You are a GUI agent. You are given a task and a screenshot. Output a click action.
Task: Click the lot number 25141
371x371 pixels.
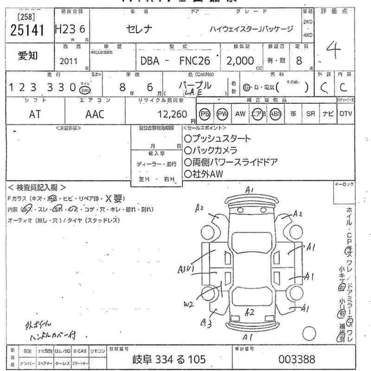point(27,31)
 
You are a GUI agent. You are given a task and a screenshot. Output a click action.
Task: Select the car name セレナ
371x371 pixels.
point(139,29)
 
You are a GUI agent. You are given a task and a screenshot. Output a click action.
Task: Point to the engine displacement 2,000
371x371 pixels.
point(240,61)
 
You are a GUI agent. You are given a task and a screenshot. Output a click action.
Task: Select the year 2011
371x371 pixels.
point(68,61)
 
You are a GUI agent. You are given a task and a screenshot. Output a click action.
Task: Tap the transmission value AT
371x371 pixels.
point(35,114)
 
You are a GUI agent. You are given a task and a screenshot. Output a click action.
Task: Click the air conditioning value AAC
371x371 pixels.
point(95,114)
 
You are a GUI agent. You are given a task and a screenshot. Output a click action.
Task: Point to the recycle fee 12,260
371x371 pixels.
point(172,114)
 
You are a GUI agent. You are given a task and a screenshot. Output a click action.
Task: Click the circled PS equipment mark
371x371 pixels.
point(205,114)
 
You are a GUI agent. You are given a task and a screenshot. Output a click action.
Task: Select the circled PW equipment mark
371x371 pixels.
point(223,114)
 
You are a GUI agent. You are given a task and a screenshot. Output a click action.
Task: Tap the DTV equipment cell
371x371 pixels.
point(346,114)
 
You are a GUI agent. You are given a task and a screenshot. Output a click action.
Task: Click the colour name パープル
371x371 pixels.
point(195,85)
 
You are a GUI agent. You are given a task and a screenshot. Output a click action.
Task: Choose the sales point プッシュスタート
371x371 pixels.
point(217,138)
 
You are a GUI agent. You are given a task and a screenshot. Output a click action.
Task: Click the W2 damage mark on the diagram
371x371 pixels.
point(188,304)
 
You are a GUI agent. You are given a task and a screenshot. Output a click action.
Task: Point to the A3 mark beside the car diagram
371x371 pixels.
point(206,323)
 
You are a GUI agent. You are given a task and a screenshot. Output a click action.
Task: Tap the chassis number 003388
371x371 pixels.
point(297,359)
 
